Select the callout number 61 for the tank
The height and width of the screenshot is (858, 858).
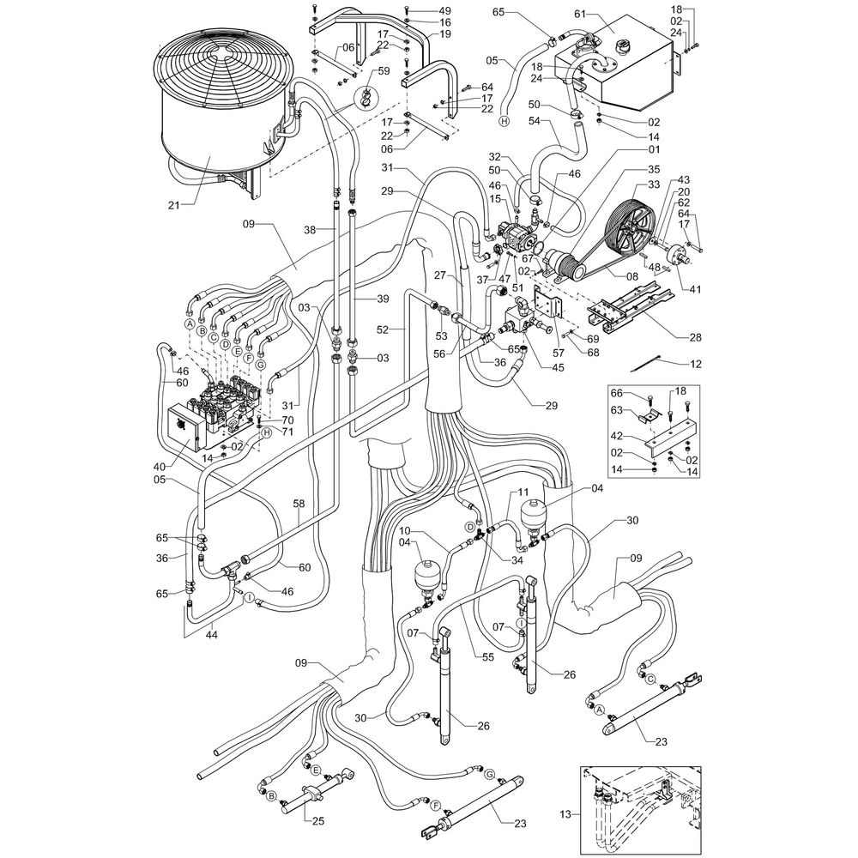click(579, 15)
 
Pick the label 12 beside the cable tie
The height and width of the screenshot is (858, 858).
click(695, 365)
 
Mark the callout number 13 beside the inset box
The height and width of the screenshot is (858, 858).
click(563, 813)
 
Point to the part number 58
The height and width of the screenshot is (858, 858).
click(298, 503)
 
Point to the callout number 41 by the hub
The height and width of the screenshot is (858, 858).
click(695, 289)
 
